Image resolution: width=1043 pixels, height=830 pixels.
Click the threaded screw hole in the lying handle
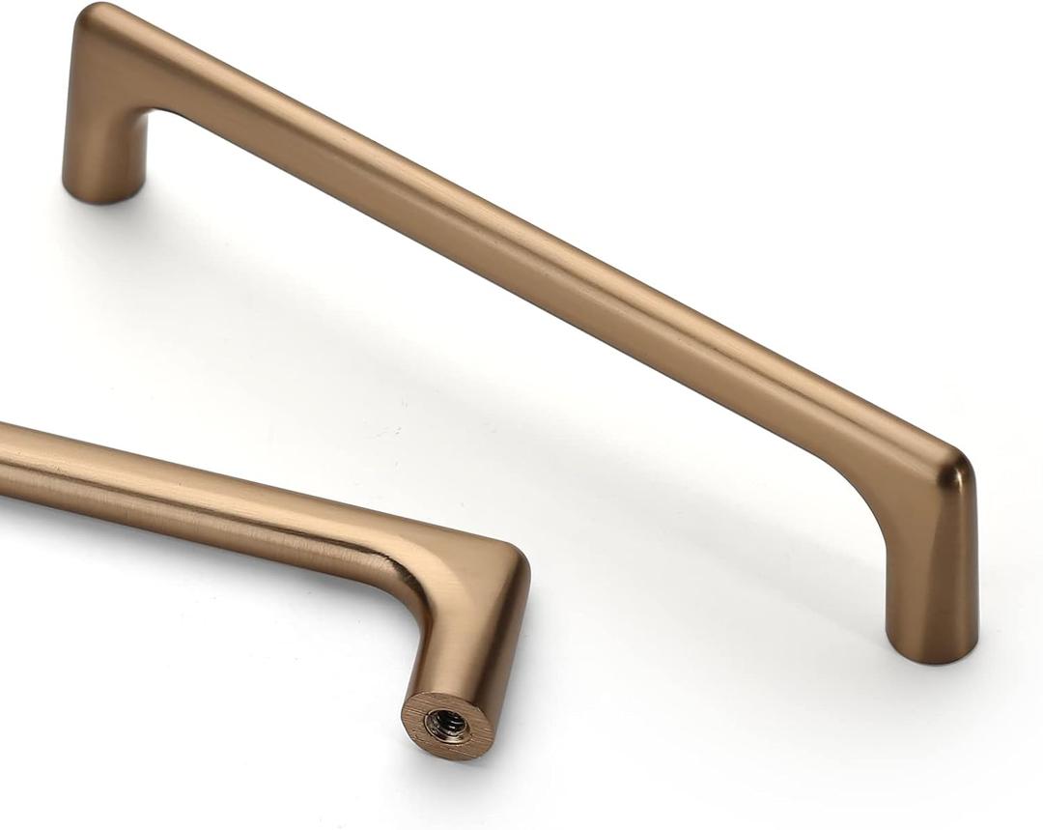[447, 722]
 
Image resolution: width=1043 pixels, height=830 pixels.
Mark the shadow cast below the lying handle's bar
[193, 560]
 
